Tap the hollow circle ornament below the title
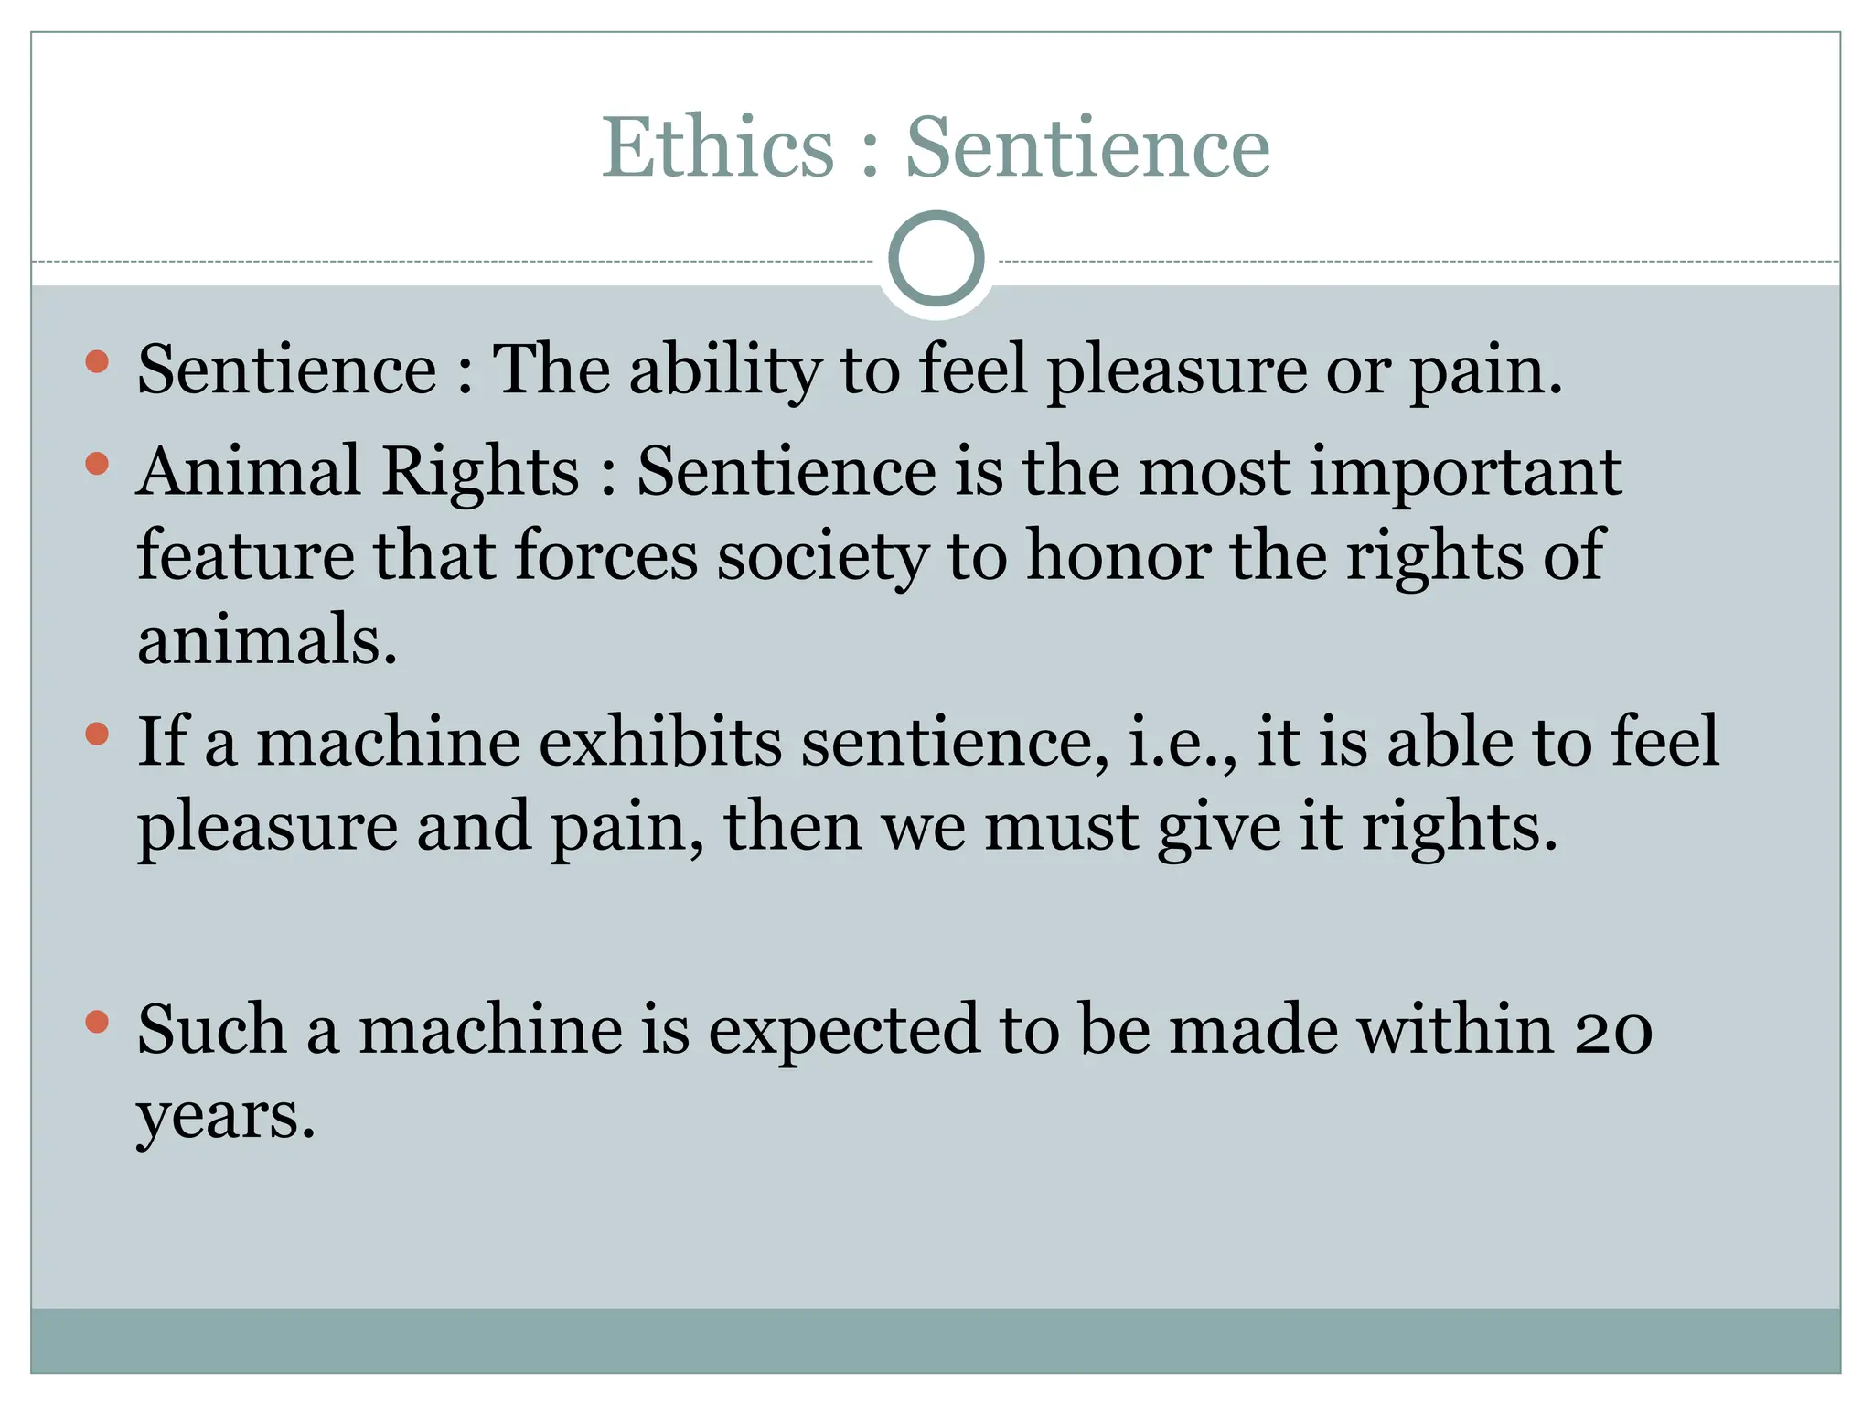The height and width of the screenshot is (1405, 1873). [936, 259]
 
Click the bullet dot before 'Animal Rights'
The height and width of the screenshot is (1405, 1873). [97, 464]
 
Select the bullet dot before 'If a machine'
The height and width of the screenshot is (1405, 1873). [97, 734]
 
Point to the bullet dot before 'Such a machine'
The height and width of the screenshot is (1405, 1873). [97, 1022]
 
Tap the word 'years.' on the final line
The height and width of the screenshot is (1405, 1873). [226, 1116]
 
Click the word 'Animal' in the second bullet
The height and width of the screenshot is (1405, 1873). [249, 471]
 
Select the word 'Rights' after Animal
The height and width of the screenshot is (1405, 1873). [480, 471]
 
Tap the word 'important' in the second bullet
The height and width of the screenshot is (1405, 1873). [1466, 471]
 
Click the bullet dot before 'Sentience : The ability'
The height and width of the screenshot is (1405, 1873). [97, 362]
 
